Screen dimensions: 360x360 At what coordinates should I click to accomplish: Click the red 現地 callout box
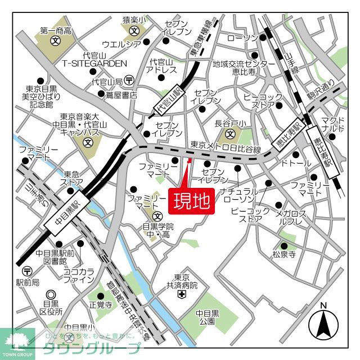pyautogui.click(x=191, y=200)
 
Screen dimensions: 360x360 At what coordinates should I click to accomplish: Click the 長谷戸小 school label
pyautogui.click(x=230, y=124)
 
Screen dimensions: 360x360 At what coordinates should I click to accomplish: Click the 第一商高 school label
pyautogui.click(x=55, y=31)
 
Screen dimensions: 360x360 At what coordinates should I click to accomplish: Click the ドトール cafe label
pyautogui.click(x=296, y=164)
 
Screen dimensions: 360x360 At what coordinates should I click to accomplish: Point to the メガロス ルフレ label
pyautogui.click(x=290, y=218)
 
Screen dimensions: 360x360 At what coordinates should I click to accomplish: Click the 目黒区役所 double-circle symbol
pyautogui.click(x=51, y=294)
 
